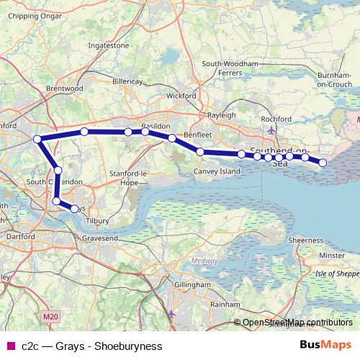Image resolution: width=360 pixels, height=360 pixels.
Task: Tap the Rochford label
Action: click(276, 118)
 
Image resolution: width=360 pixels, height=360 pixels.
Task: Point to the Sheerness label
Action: click(305, 240)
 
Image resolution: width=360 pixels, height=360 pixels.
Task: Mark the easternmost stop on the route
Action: click(323, 163)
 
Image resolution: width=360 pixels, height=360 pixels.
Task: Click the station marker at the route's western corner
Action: click(37, 139)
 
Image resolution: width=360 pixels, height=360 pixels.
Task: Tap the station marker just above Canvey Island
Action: click(200, 151)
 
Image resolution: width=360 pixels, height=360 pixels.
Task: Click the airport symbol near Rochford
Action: click(271, 130)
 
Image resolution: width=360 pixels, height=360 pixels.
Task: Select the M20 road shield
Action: click(49, 315)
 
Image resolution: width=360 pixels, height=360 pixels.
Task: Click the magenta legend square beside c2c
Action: click(10, 346)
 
